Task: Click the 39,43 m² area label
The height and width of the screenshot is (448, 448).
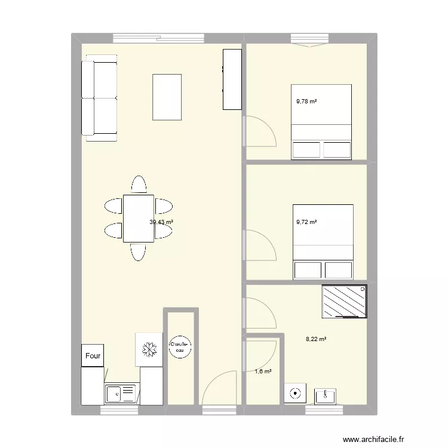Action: pos(161,222)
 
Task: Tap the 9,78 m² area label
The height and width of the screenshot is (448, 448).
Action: pos(306,102)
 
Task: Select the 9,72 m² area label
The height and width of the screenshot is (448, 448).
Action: pos(306,222)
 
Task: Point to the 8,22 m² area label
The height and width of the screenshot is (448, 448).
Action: pos(316,339)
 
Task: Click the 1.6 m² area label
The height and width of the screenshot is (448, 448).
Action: pos(263,372)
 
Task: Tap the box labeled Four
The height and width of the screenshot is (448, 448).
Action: pos(93,355)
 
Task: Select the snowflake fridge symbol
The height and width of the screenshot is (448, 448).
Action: pos(149,348)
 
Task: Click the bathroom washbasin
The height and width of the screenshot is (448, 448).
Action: pos(325,394)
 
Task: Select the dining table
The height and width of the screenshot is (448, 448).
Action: pos(139,218)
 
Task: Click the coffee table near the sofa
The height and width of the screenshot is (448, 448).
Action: pos(167,96)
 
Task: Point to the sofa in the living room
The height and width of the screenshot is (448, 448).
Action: pos(99,98)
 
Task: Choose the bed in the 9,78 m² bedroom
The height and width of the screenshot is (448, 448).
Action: pos(321,122)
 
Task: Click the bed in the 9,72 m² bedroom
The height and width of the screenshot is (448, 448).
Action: pos(323,241)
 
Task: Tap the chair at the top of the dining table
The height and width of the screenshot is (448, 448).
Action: pos(139,185)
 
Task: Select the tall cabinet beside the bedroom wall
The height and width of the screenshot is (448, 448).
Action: pos(232,79)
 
